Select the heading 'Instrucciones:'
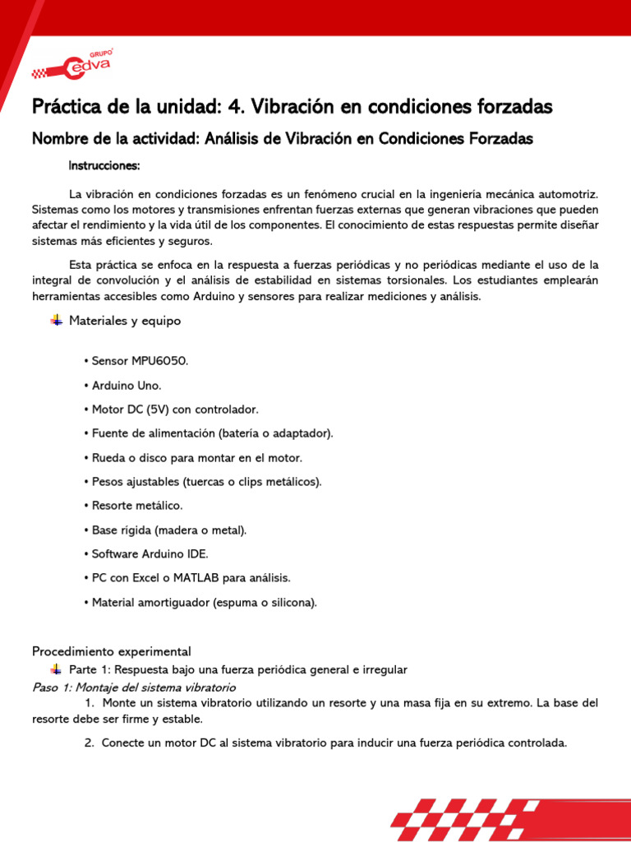[x=104, y=166]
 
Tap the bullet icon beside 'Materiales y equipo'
[x=56, y=321]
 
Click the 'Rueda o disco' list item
[x=192, y=457]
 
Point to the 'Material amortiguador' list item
[x=200, y=602]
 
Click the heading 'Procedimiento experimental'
[x=111, y=651]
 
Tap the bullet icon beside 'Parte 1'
[x=56, y=669]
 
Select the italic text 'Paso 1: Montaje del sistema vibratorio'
[x=134, y=687]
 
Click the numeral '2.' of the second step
[x=90, y=743]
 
